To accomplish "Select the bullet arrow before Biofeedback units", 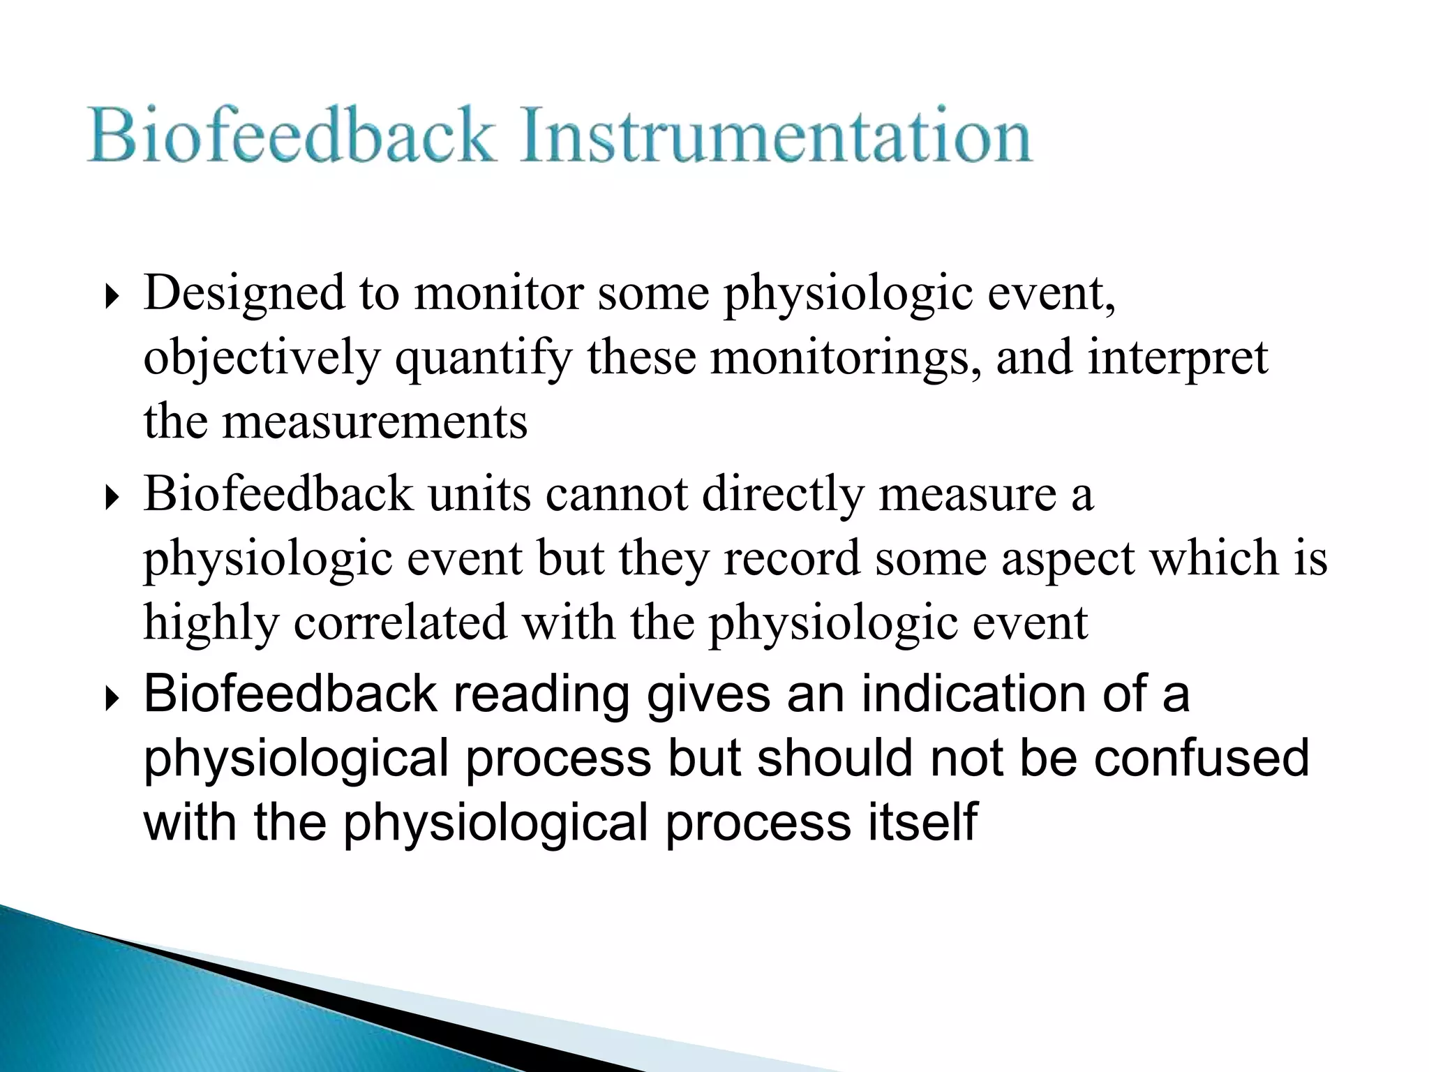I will point(111,498).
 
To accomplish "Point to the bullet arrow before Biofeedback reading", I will point(111,699).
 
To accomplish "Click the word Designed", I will point(244,293).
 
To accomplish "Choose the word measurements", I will point(375,422).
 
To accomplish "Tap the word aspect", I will point(1068,560).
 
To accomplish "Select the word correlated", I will point(400,623).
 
